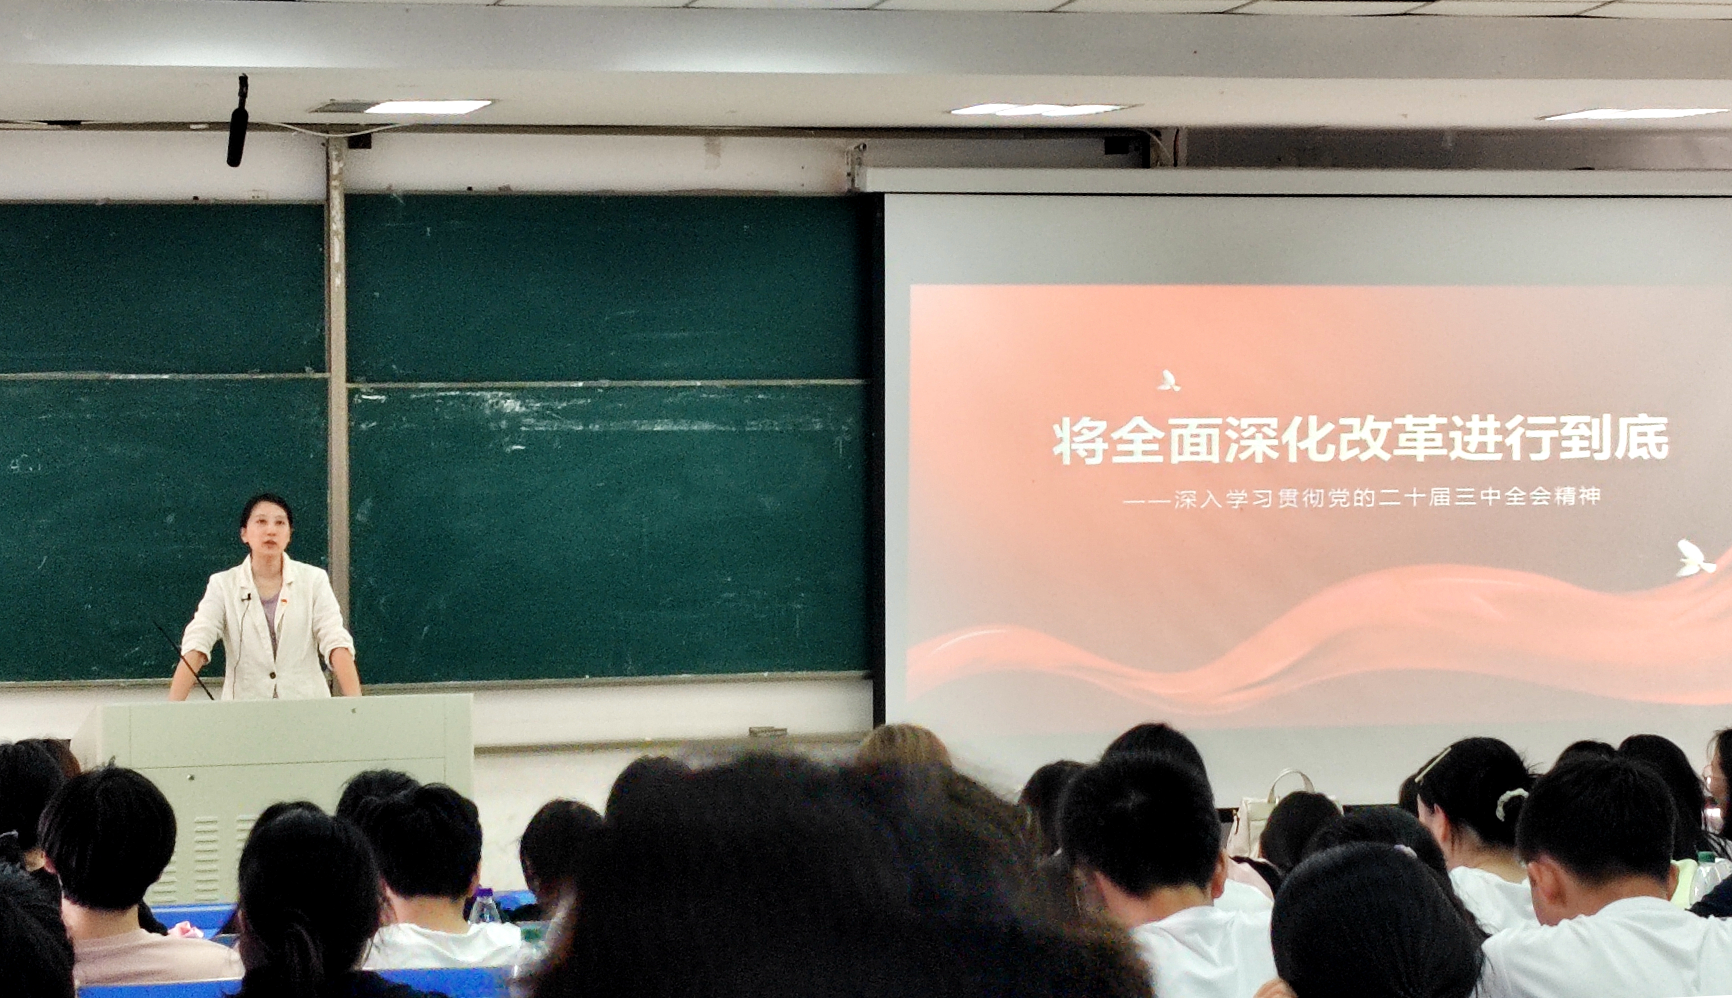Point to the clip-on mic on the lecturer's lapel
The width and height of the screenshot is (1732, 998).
[x=246, y=597]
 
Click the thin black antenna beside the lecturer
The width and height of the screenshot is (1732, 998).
[x=183, y=660]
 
